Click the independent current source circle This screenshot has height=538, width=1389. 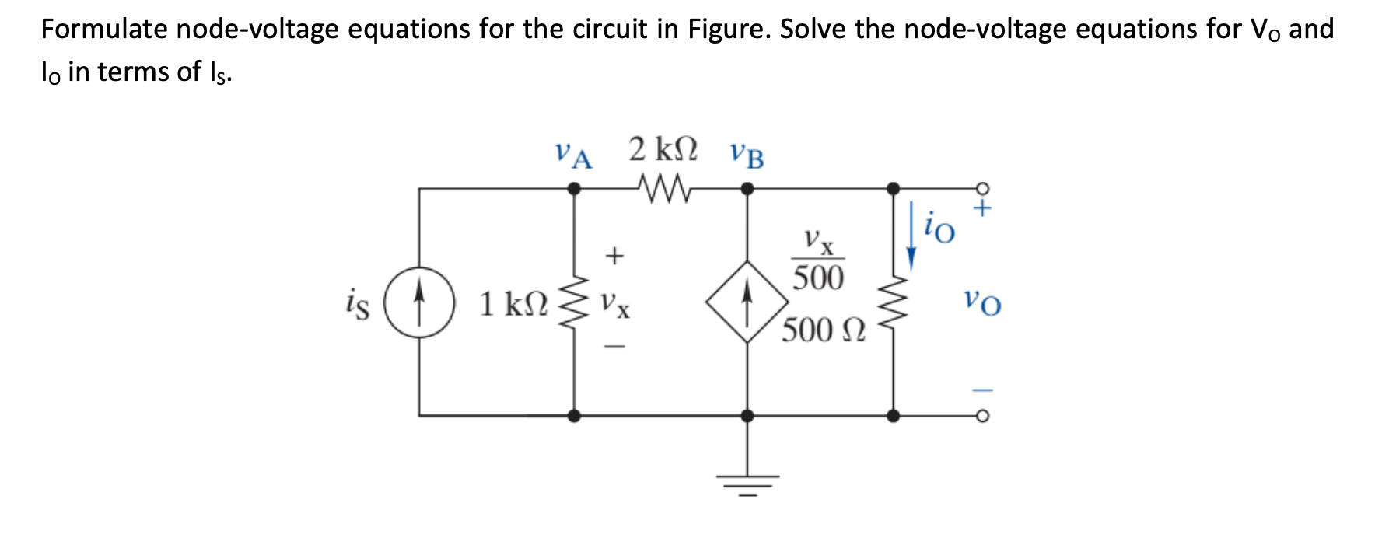[419, 302]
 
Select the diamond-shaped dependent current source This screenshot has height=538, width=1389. [747, 302]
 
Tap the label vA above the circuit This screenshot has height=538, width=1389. [573, 154]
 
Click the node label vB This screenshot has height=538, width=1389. [747, 155]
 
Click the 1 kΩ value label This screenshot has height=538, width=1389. [513, 304]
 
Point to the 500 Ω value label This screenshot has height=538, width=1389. [823, 330]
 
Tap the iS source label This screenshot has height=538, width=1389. [357, 303]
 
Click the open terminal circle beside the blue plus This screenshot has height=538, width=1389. [983, 188]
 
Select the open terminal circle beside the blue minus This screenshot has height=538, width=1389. [983, 416]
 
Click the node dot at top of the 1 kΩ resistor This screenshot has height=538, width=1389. [574, 188]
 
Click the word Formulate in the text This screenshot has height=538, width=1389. [104, 30]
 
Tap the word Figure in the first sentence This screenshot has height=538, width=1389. [729, 30]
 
